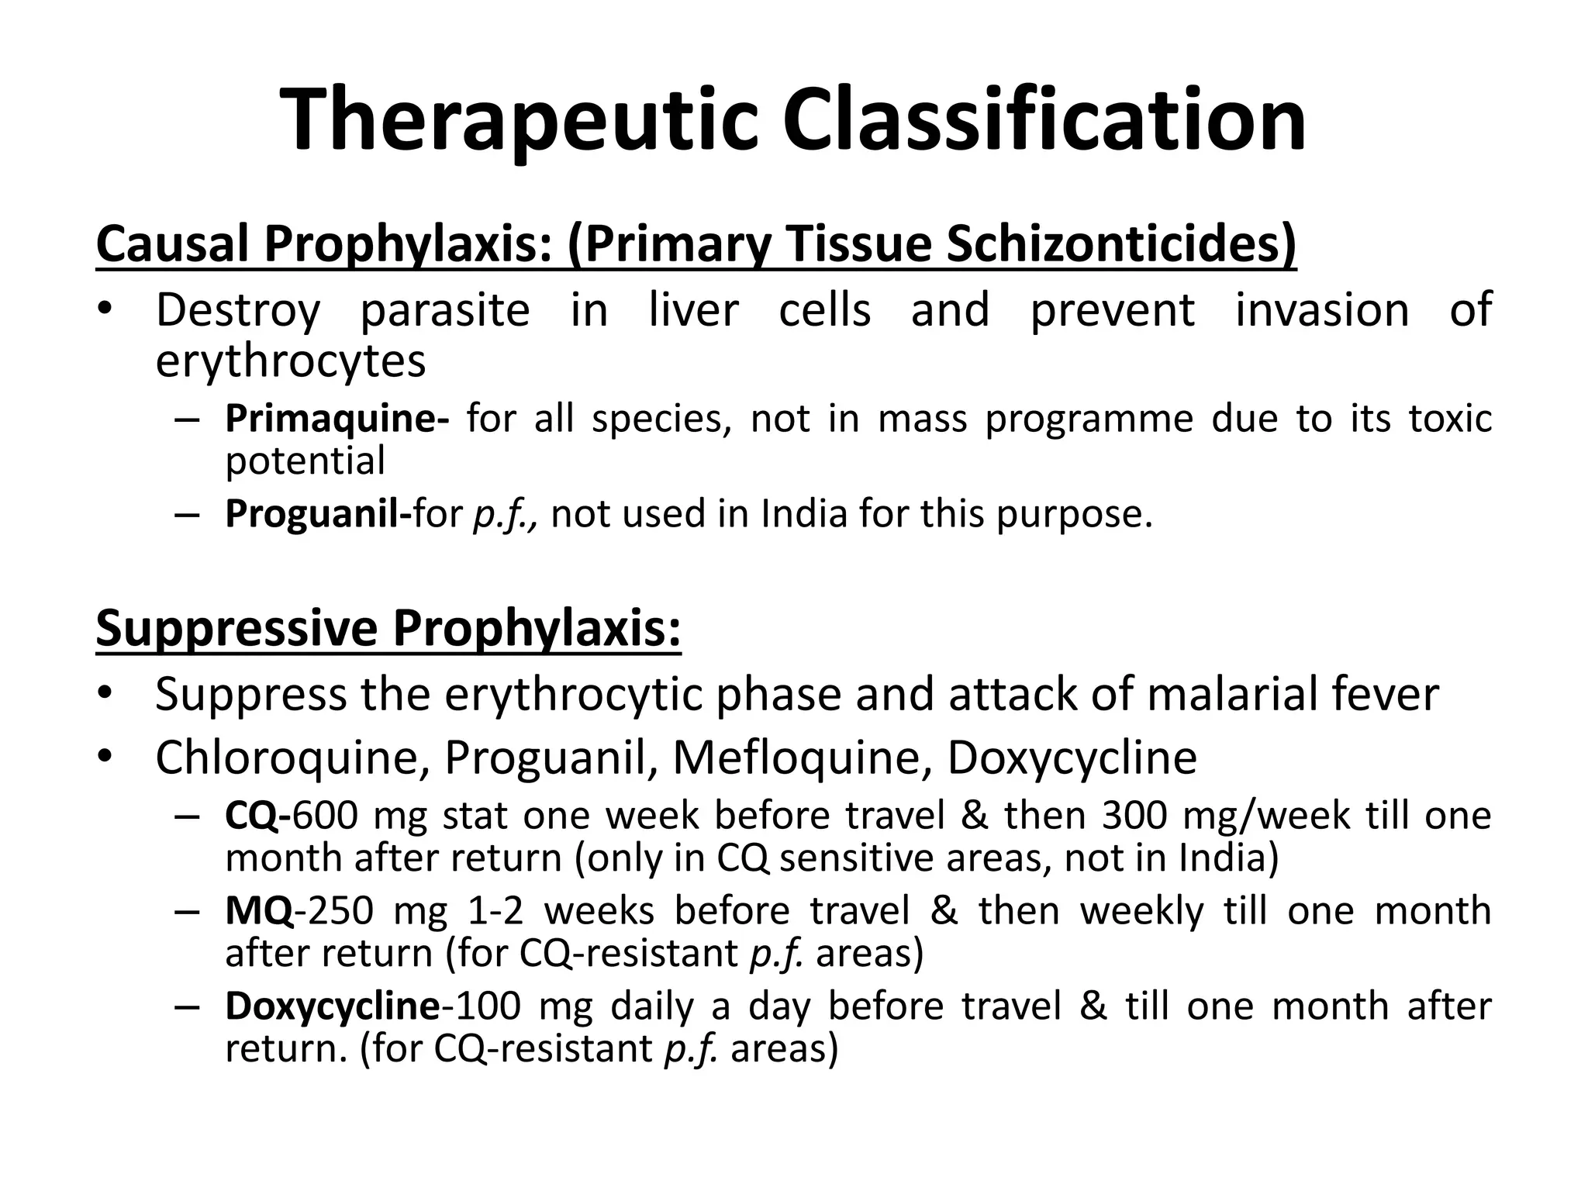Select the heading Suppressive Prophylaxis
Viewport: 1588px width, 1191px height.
[388, 627]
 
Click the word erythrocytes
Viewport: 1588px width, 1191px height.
[291, 361]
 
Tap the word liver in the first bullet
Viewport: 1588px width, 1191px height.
[693, 310]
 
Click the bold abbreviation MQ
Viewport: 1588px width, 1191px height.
[259, 910]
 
